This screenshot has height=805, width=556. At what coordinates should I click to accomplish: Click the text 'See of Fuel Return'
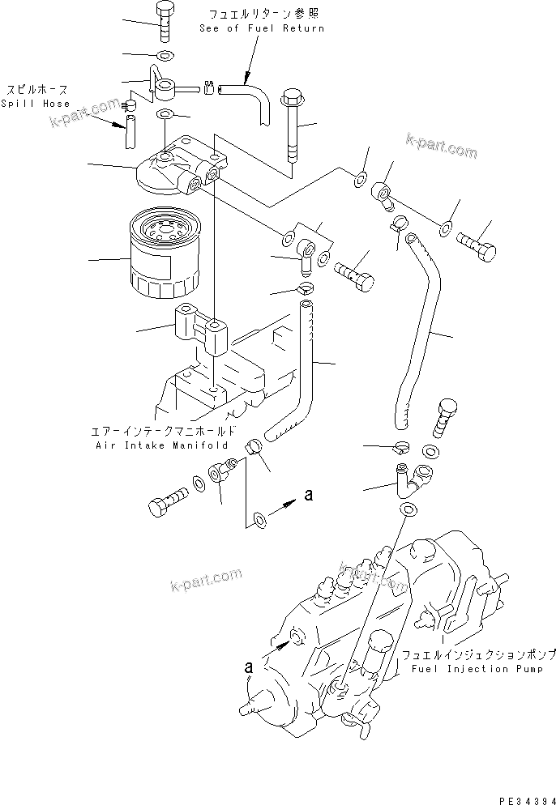[262, 28]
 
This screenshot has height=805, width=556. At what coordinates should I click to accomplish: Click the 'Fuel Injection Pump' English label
[471, 669]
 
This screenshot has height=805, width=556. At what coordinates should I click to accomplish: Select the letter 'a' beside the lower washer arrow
[308, 495]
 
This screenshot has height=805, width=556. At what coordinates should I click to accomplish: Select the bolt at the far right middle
[479, 243]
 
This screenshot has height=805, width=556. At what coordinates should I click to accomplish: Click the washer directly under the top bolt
[164, 56]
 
